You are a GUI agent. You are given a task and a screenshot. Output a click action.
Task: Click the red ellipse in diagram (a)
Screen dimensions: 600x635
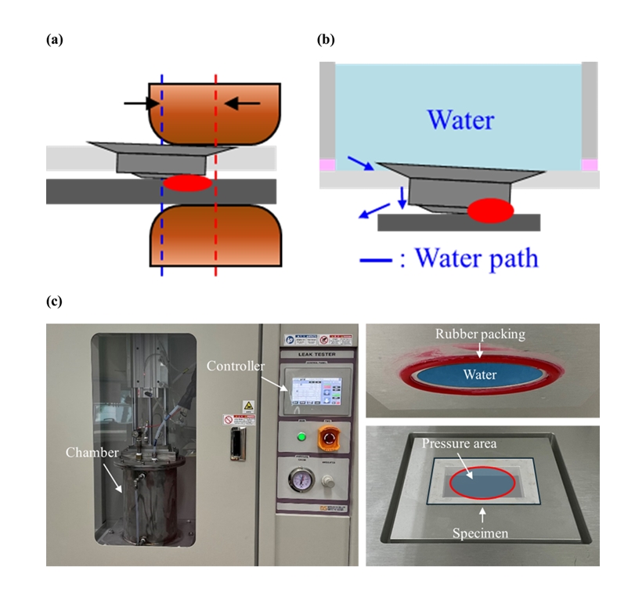click(186, 183)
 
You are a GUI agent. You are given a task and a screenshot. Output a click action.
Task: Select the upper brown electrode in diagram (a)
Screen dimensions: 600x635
click(214, 110)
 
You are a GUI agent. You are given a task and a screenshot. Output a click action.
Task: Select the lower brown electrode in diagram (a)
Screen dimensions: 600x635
click(214, 238)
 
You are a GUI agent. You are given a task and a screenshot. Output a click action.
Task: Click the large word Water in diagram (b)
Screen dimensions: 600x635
click(460, 121)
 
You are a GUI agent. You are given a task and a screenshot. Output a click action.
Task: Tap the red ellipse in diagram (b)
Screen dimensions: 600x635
click(490, 210)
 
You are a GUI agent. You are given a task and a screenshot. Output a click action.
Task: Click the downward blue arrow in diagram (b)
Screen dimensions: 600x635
click(402, 197)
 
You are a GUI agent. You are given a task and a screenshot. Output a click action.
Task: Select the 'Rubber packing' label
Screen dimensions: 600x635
click(480, 334)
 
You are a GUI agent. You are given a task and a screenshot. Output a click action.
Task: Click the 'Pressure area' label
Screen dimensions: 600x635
click(460, 443)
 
